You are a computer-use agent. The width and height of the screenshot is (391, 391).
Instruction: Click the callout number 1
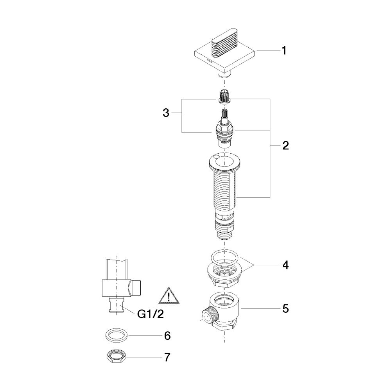[x=284, y=50]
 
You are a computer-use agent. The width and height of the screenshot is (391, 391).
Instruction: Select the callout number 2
[x=285, y=145]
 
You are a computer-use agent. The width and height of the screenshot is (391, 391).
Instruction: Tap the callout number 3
[x=166, y=113]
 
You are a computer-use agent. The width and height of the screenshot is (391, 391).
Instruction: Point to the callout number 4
[x=285, y=265]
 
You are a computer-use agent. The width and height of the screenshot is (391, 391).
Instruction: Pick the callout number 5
[x=285, y=309]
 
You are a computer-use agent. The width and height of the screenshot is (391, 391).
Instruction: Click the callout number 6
[x=167, y=335]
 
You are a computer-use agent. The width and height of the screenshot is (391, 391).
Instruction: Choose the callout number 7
[x=167, y=357]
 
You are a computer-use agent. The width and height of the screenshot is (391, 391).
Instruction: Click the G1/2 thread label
[x=151, y=314]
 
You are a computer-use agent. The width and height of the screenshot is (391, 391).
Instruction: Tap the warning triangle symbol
[x=169, y=296]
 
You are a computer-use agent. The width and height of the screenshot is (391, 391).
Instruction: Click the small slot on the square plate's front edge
[x=209, y=61]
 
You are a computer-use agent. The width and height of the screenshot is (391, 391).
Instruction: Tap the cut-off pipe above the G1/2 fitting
[x=117, y=269]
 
